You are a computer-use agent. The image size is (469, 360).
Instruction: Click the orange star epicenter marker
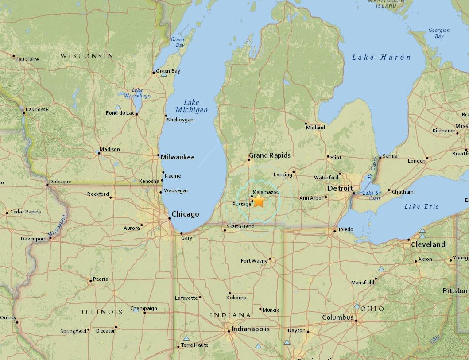pos(258,202)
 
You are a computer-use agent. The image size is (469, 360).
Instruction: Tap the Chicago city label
pos(185,214)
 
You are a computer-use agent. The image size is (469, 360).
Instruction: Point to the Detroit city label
pos(340,189)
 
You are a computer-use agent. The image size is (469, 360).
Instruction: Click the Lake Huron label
pos(381,57)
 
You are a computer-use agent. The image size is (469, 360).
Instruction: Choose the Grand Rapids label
pos(270,155)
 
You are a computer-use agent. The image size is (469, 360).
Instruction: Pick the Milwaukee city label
pos(178,157)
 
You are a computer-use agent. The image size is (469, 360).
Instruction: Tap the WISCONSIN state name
pos(87,56)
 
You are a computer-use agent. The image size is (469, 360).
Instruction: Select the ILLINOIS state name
pos(102,312)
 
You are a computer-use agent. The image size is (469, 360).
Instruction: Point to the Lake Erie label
pos(422,207)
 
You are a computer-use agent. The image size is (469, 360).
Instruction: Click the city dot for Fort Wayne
pos(270,260)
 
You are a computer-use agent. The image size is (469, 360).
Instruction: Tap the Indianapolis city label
pos(251,329)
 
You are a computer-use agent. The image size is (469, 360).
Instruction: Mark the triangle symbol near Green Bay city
pos(164,74)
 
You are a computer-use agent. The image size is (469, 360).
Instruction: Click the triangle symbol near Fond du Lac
pos(118,107)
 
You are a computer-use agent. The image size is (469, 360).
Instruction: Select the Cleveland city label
pos(428,244)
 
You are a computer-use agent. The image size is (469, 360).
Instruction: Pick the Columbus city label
pos(337,317)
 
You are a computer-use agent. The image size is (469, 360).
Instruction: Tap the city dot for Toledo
pos(334,231)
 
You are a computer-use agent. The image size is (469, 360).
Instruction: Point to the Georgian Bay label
pos(439,33)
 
